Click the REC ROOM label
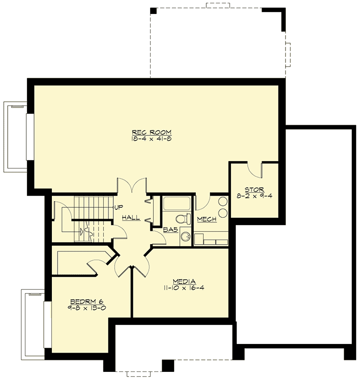coord(152,132)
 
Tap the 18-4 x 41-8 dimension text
coord(152,139)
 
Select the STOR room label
coord(254,190)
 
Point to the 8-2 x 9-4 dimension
coord(254,196)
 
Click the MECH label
coord(207,219)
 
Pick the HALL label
coord(131,218)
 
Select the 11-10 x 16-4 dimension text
coord(184,289)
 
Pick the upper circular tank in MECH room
coord(223,202)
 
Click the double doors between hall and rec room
coord(132,185)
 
